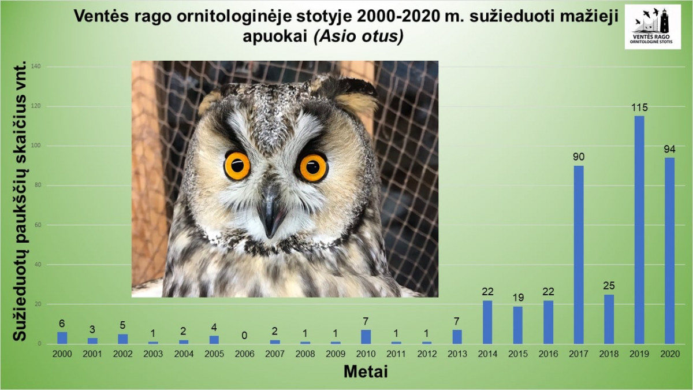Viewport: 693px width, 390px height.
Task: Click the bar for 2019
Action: pos(639,230)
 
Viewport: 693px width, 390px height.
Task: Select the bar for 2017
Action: pos(579,255)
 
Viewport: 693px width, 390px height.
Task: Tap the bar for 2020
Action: pos(669,251)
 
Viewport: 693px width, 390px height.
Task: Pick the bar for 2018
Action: pos(609,319)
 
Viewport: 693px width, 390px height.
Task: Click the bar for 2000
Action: pos(62,338)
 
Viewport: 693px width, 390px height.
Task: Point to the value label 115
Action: pos(639,107)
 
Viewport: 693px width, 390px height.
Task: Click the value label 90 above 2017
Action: pos(579,157)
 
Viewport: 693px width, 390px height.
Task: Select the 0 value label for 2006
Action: pos(244,336)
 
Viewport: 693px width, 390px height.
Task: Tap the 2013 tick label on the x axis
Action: pos(457,354)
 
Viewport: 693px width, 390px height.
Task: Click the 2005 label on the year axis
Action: pos(214,354)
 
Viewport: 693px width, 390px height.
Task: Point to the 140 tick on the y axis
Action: pos(36,66)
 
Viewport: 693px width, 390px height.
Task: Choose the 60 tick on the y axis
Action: pos(38,225)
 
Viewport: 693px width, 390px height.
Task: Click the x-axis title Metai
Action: pos(366,372)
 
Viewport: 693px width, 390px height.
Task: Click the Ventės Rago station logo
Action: pos(653,27)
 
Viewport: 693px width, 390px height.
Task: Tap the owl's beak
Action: pos(270,214)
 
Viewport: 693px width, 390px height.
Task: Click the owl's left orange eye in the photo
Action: pos(237,166)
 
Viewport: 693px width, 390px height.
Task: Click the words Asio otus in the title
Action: pos(359,37)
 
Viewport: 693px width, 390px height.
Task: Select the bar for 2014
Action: pos(487,322)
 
